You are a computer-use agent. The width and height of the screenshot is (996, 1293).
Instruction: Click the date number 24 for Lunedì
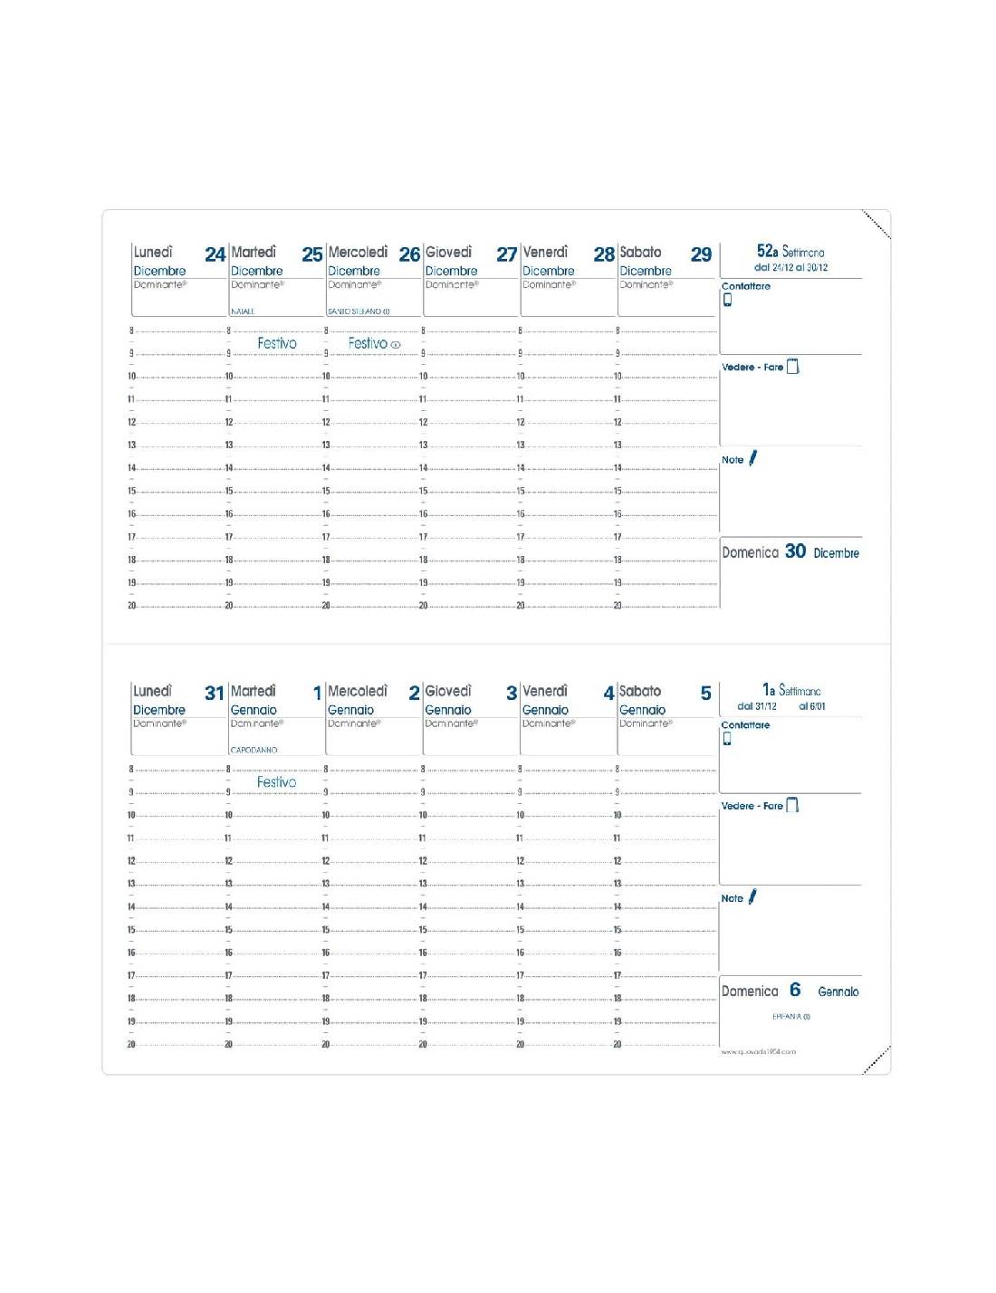[x=215, y=254]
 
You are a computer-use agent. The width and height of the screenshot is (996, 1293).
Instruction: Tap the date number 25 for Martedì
[x=312, y=254]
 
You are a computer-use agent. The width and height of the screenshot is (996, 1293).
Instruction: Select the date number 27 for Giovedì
[x=507, y=254]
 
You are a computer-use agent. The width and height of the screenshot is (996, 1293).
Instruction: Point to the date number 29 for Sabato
[x=701, y=254]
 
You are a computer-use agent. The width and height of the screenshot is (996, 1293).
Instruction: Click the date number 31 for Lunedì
[x=214, y=694]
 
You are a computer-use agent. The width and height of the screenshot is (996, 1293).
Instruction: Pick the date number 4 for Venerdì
[x=608, y=694]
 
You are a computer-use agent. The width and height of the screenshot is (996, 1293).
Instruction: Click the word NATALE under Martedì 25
[x=243, y=311]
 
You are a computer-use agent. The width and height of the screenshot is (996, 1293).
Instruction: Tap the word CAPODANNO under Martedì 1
[x=254, y=750]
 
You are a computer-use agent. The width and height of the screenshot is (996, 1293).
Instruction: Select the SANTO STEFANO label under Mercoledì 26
[x=358, y=311]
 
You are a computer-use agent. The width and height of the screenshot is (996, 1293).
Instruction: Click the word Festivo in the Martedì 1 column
[x=276, y=782]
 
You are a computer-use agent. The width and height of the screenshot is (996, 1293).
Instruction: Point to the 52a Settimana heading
[x=790, y=252]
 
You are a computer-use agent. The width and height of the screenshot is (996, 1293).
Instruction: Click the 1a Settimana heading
[x=791, y=690]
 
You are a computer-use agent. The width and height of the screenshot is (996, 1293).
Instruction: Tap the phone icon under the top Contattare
[x=727, y=300]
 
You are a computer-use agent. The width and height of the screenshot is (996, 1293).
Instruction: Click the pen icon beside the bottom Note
[x=752, y=897]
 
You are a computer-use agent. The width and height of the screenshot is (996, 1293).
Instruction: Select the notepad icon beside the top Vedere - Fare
[x=793, y=367]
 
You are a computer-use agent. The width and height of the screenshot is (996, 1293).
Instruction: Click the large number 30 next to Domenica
[x=795, y=551]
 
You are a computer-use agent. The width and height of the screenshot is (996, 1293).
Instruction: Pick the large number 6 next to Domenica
[x=795, y=990]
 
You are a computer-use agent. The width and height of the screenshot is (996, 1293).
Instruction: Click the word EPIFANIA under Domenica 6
[x=790, y=1017]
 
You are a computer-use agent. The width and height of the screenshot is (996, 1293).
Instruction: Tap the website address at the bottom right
[x=759, y=1051]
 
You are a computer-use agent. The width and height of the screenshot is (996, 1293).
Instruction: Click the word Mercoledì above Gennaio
[x=358, y=691]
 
